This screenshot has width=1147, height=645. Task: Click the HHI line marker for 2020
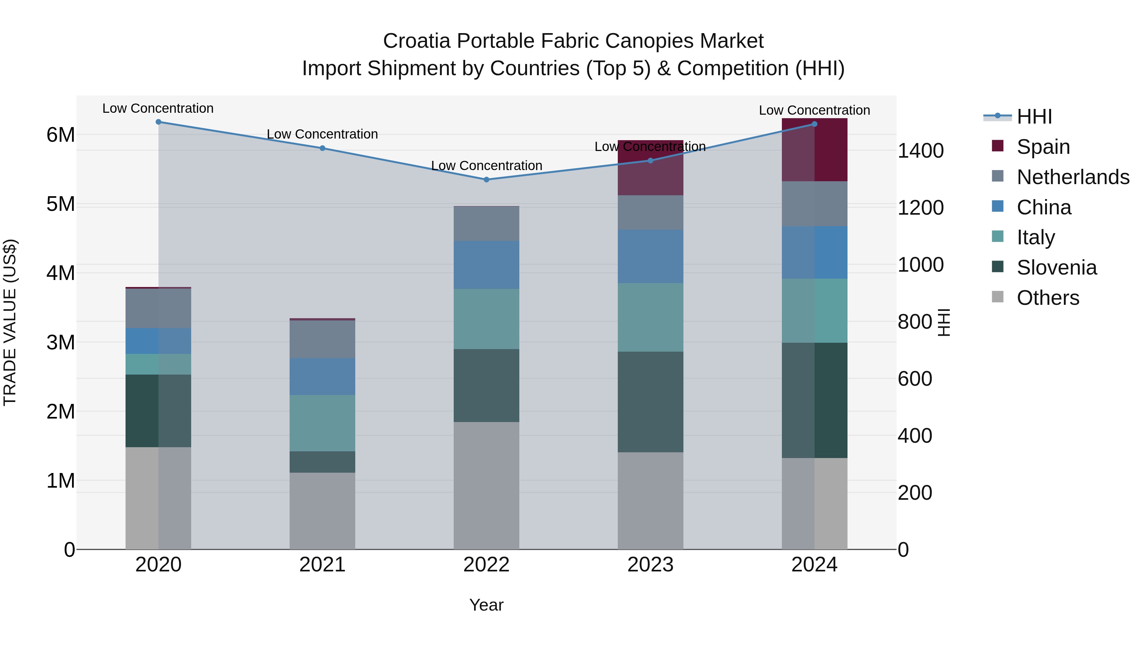[159, 122]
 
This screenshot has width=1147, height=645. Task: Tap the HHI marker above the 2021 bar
[322, 148]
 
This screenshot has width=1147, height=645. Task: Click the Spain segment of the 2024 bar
[814, 150]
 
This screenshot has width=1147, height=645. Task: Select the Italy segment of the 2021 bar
[322, 423]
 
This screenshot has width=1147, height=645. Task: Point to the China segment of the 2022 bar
[486, 265]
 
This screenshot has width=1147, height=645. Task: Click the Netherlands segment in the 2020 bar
[159, 308]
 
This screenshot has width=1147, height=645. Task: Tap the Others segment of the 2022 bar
[486, 485]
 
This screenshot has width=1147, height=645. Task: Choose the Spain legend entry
[1043, 147]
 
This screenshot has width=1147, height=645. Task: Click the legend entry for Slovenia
[1056, 268]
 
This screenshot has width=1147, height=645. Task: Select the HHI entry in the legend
[1034, 117]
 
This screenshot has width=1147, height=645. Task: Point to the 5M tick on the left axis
[61, 204]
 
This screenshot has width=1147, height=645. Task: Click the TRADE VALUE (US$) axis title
[10, 322]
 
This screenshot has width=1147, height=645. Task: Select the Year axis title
[486, 605]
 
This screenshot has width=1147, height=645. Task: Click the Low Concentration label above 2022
[486, 166]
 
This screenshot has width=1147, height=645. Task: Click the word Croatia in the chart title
[417, 41]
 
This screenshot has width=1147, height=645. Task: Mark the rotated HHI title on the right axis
[943, 322]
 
